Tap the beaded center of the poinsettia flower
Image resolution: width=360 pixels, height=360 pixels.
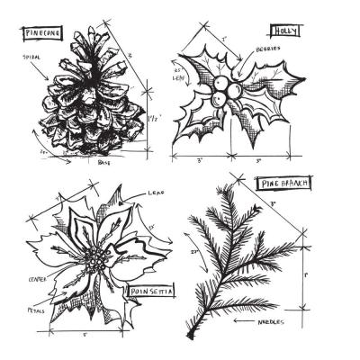92,262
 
